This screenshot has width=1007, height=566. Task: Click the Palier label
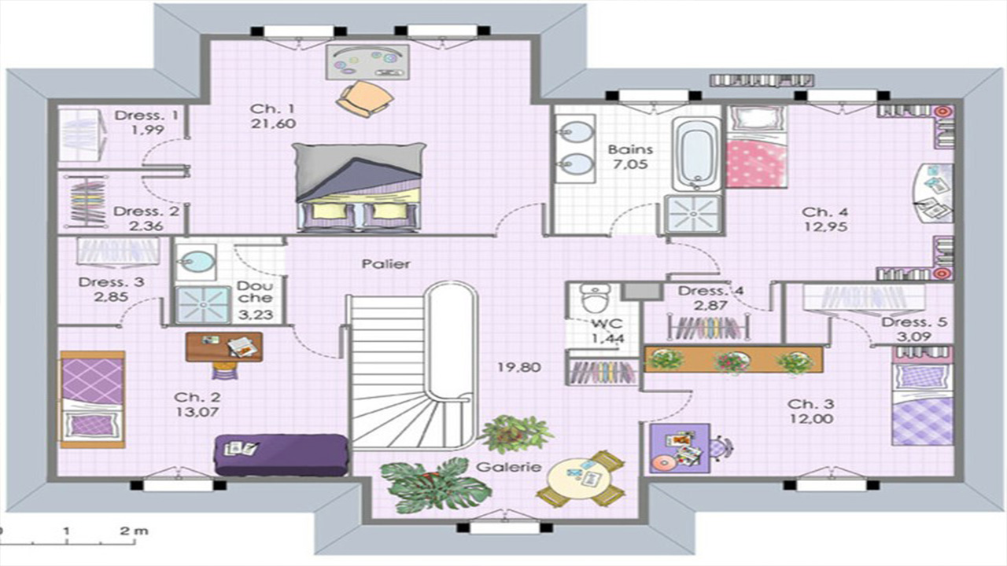[x=386, y=263]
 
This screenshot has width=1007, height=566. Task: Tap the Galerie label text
[x=508, y=467]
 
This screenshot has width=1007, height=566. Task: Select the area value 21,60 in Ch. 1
[x=273, y=123]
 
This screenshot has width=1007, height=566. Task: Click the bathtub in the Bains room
[x=696, y=153]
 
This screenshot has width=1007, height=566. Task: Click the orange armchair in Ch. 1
[x=365, y=99]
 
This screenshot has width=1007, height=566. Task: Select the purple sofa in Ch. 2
[x=282, y=454]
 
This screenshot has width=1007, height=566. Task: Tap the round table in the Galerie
[x=581, y=480]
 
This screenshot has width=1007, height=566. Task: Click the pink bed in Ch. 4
[x=757, y=147]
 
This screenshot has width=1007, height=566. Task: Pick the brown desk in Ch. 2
[x=224, y=347]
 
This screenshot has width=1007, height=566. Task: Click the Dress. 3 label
[x=112, y=282]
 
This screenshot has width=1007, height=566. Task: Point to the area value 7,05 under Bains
[x=630, y=164]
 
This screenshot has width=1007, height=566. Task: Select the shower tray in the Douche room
[x=203, y=304]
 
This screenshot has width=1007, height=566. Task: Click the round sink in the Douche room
[x=196, y=262]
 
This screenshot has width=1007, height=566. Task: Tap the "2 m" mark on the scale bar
[x=135, y=531]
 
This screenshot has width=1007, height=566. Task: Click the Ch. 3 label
[x=810, y=404]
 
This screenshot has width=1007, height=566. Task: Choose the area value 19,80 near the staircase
[x=518, y=367]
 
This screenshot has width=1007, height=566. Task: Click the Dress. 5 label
[x=914, y=322]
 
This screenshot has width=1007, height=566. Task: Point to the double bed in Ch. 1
[x=358, y=187]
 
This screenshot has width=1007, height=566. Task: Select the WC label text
[x=607, y=323]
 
